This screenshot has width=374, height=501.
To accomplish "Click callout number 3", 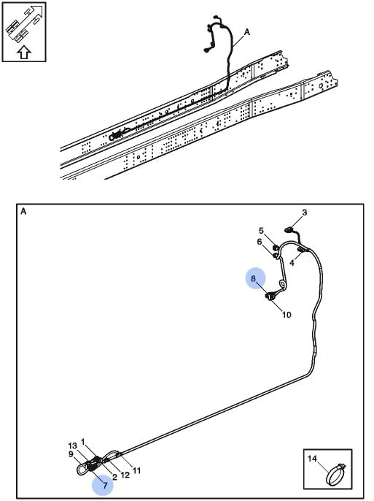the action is click(305, 213).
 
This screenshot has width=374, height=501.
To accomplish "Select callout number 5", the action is click(261, 231).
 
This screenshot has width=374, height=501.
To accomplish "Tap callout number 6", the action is click(260, 242).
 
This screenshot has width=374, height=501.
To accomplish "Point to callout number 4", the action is click(292, 263).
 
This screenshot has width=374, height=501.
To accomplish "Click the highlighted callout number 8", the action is click(253, 279).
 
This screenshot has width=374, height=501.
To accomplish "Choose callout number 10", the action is click(287, 315).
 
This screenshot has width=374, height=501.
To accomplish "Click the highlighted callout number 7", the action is click(105, 486).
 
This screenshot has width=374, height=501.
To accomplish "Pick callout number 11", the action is click(136, 470).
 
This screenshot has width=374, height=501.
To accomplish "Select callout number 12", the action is click(125, 475).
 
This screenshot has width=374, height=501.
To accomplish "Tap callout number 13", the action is click(72, 445).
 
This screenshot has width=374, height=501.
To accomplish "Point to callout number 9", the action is click(71, 454).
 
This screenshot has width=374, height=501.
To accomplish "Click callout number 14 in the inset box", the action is click(312, 459).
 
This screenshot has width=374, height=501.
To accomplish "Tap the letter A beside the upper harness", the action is click(247, 32).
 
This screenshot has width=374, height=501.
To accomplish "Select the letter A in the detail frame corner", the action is click(23, 212).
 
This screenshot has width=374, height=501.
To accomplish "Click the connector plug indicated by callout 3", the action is click(289, 229).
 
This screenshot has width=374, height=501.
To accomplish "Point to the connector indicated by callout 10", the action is click(270, 297).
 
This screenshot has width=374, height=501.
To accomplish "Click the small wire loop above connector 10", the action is click(282, 284).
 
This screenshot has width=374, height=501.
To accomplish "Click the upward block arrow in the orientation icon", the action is click(24, 52).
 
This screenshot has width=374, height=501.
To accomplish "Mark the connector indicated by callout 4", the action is click(301, 249).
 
